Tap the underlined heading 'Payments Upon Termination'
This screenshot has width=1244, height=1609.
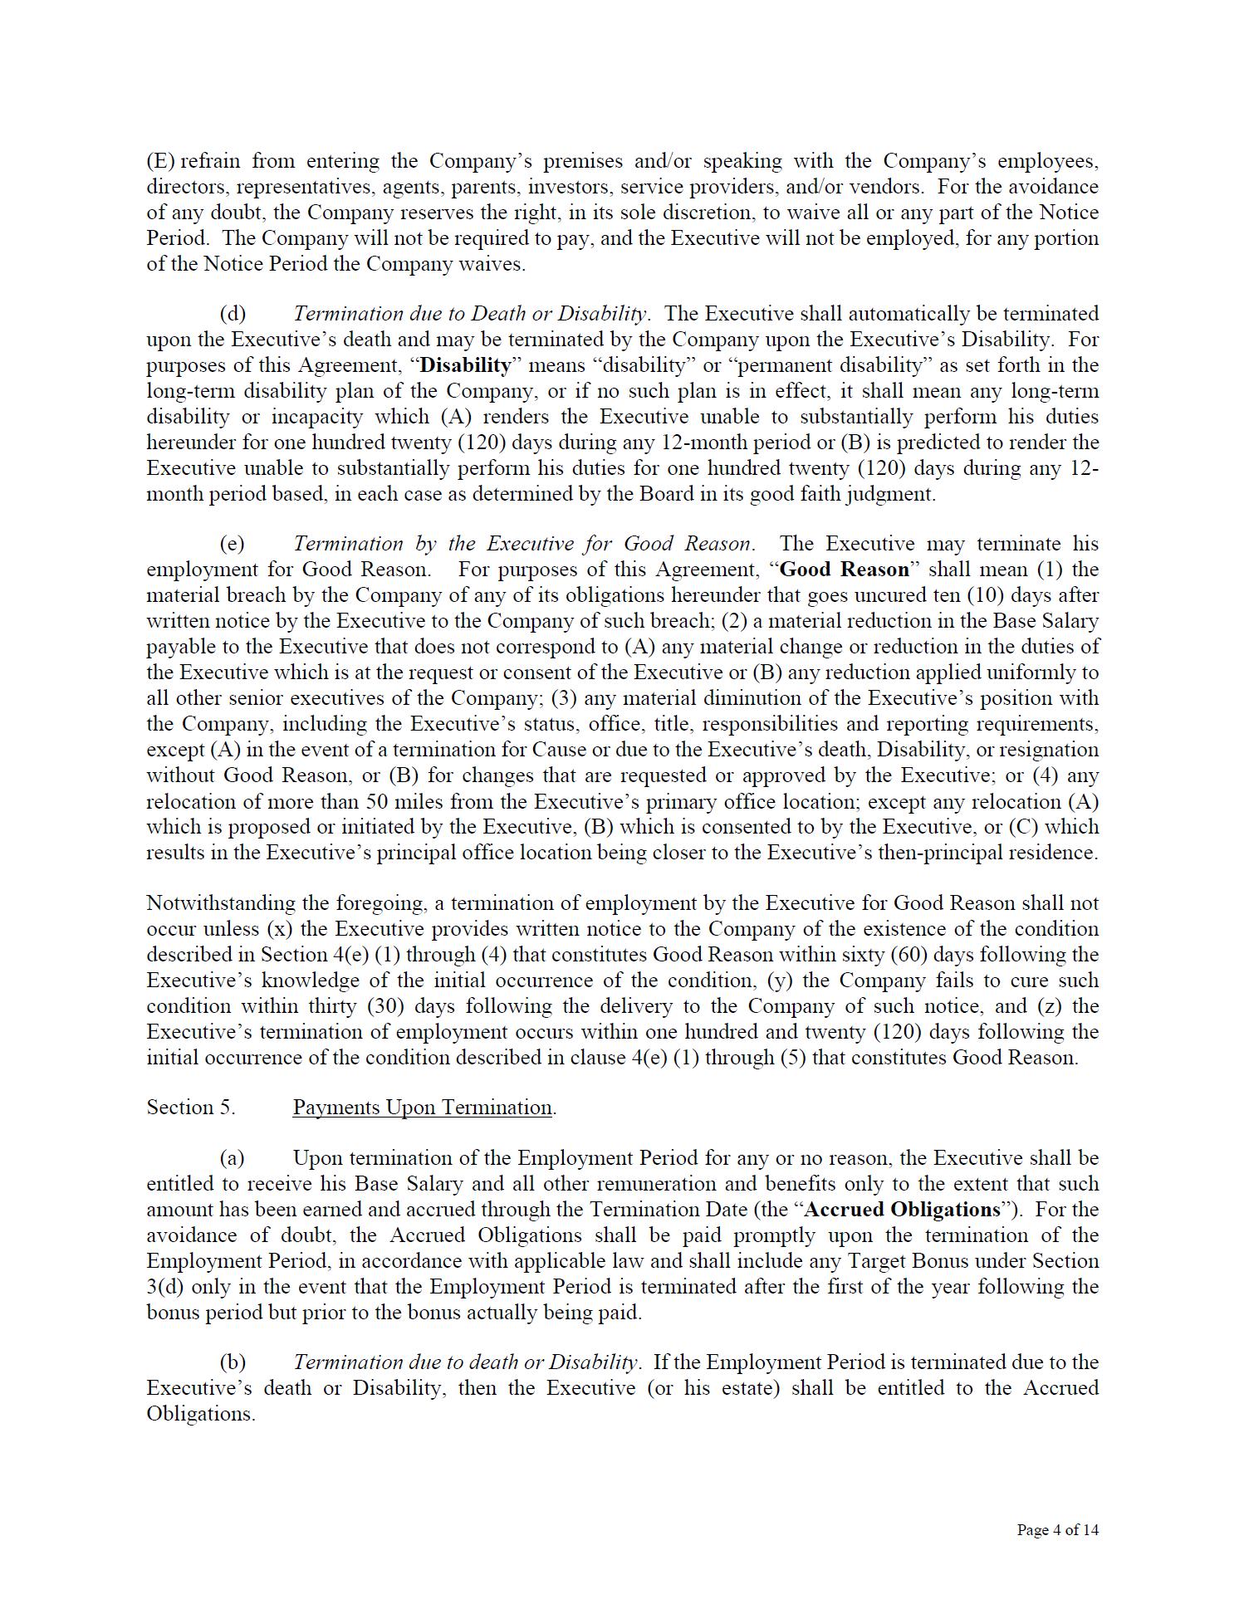[x=423, y=1108]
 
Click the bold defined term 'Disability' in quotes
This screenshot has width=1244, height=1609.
[x=466, y=365]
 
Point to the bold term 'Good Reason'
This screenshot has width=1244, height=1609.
[x=845, y=570]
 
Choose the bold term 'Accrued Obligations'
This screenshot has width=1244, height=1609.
[x=903, y=1210]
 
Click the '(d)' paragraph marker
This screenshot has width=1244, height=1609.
[x=233, y=314]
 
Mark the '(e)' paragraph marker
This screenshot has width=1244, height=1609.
[x=233, y=544]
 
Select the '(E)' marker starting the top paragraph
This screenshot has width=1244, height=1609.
[x=162, y=161]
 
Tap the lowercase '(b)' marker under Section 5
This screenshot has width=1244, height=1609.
[x=233, y=1362]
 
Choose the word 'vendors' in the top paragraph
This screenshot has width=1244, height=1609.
[x=881, y=187]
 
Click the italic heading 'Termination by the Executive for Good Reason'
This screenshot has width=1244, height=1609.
[x=523, y=544]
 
